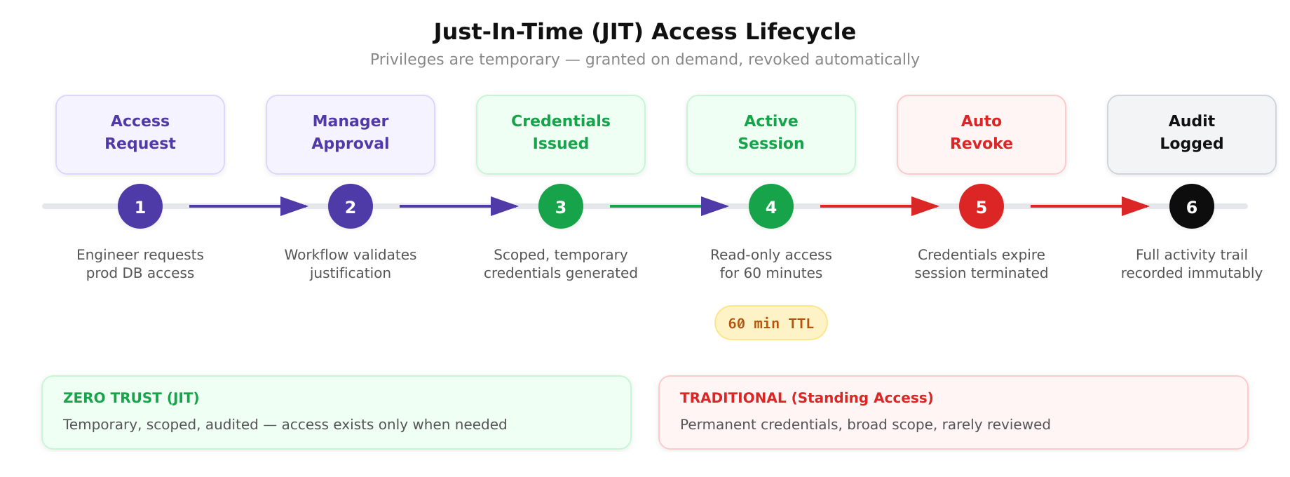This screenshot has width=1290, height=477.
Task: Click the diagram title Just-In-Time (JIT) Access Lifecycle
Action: (644, 32)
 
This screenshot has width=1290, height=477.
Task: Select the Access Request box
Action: (140, 134)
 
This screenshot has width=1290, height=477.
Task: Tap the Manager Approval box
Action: (351, 134)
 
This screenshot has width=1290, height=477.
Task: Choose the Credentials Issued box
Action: (561, 134)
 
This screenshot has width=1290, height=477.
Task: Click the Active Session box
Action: (771, 134)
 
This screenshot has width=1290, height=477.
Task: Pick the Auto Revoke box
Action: (982, 134)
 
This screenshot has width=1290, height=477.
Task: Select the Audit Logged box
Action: (1191, 134)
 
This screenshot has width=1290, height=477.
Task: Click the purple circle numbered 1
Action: (140, 206)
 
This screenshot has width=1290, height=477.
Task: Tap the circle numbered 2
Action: (351, 206)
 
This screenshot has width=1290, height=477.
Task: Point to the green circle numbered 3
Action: (561, 206)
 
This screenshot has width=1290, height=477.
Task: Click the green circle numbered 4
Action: (771, 206)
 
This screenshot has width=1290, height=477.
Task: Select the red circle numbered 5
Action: (982, 206)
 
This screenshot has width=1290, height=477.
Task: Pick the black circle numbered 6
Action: (1191, 206)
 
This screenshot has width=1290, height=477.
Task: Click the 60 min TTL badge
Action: (771, 323)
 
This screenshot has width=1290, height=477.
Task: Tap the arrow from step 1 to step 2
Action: (245, 206)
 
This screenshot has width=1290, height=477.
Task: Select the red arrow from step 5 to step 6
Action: (1087, 206)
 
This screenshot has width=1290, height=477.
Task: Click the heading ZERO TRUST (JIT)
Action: (131, 398)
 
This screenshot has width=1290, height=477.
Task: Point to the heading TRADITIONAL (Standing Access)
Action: (806, 398)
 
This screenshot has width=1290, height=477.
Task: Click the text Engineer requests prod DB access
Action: (140, 264)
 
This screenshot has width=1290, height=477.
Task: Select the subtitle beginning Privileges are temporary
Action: (644, 60)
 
